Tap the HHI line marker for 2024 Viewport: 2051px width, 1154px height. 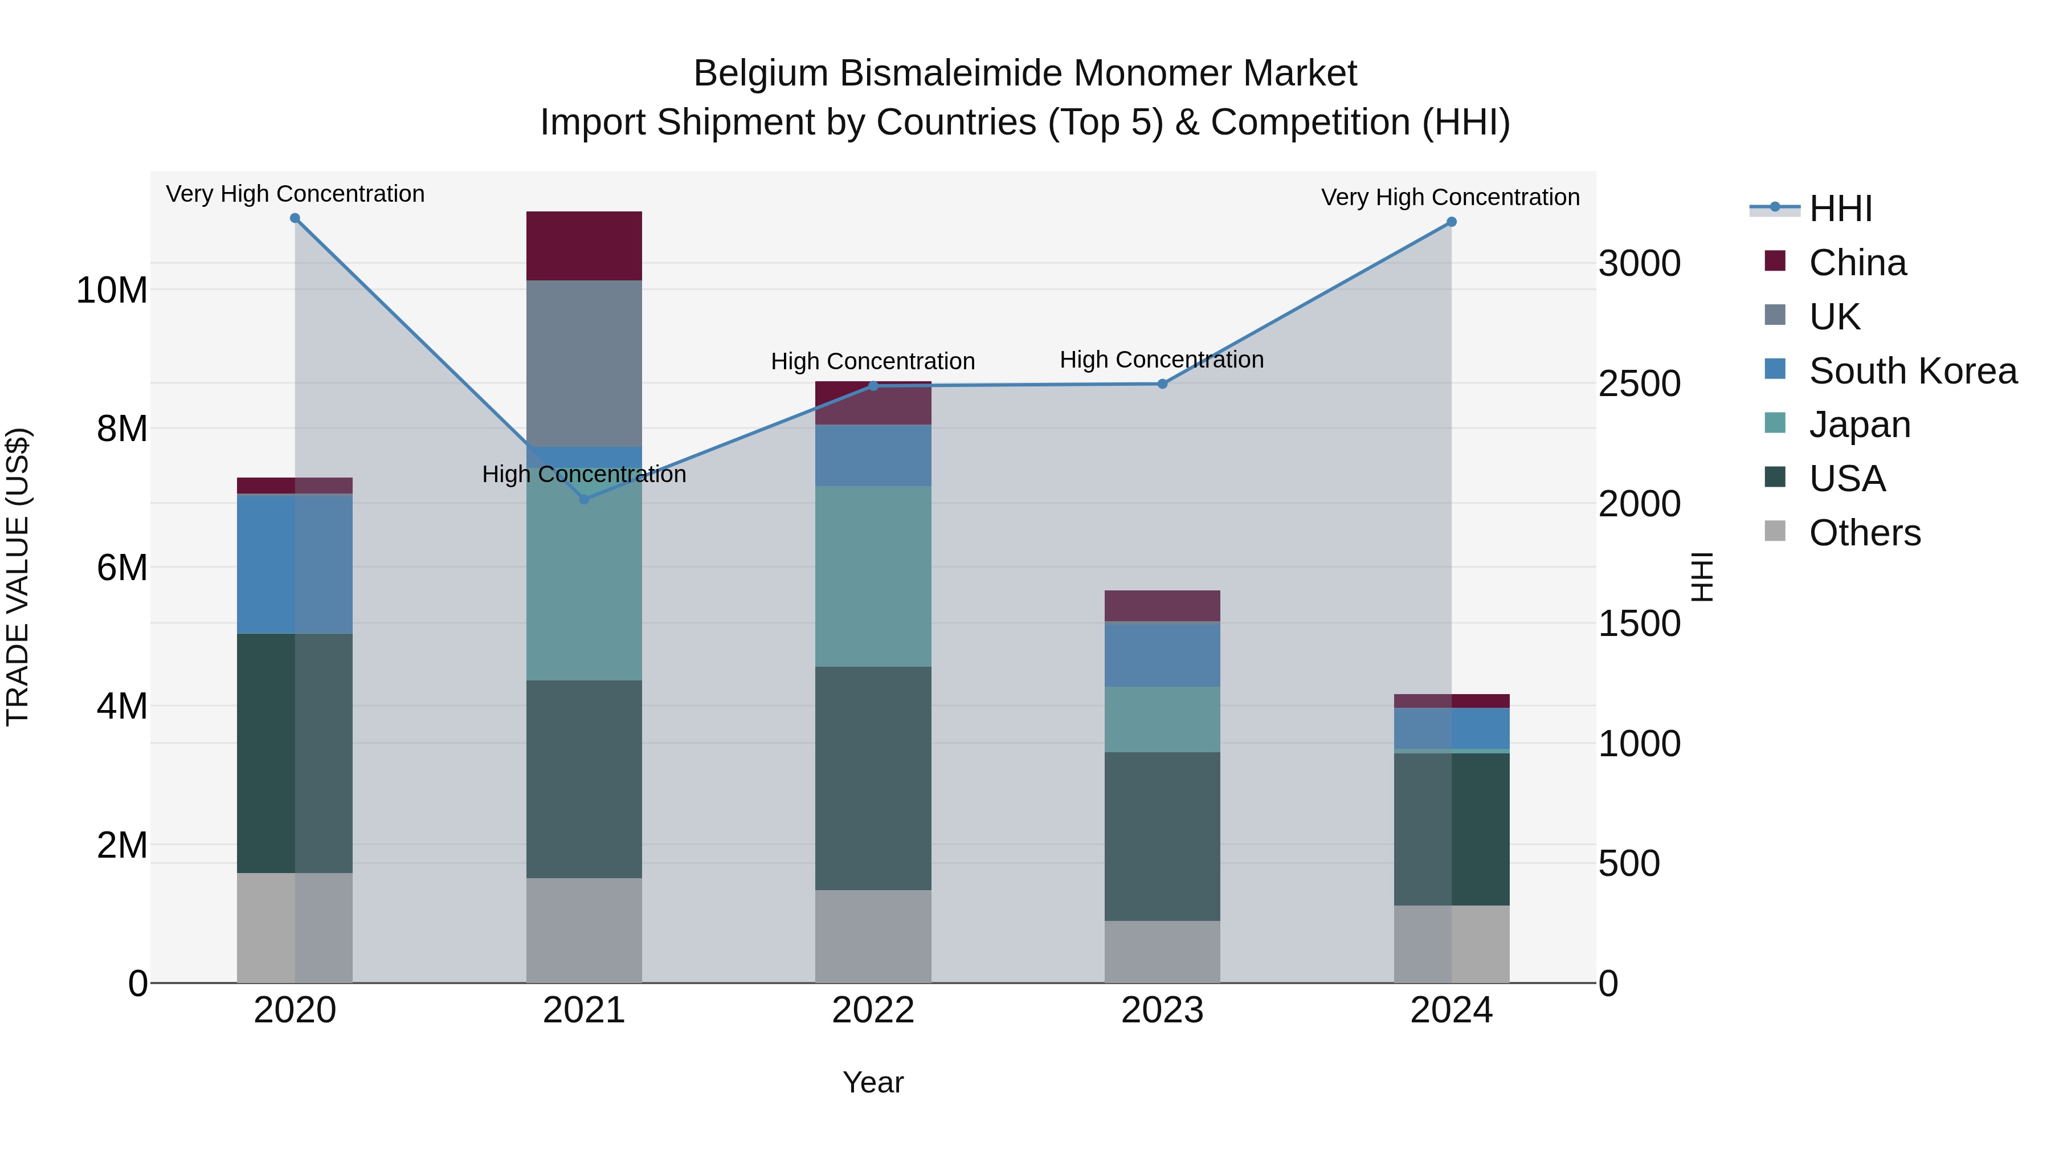pyautogui.click(x=1452, y=222)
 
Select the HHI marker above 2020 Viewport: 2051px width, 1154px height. pyautogui.click(x=295, y=218)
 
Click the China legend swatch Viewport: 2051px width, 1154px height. pyautogui.click(x=1775, y=261)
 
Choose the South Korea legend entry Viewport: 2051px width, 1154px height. pyautogui.click(x=1913, y=371)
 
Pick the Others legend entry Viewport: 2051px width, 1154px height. pyautogui.click(x=1864, y=533)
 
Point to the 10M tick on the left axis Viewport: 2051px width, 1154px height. pyautogui.click(x=112, y=291)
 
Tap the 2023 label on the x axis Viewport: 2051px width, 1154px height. pyautogui.click(x=1162, y=1010)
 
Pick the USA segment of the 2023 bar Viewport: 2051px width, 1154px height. pyautogui.click(x=1162, y=836)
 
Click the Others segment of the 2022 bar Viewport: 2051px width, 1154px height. pyautogui.click(x=873, y=936)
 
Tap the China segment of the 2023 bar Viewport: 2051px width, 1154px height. pyautogui.click(x=1162, y=606)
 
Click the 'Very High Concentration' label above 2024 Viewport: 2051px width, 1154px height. pyautogui.click(x=1450, y=198)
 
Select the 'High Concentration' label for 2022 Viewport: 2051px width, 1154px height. pyautogui.click(x=873, y=361)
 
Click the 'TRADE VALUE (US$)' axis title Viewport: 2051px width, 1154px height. pyautogui.click(x=18, y=577)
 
